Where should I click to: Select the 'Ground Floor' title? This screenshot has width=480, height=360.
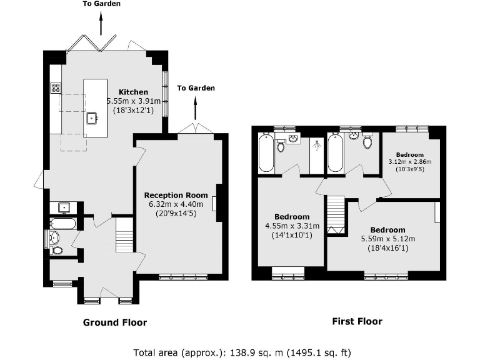[115, 322]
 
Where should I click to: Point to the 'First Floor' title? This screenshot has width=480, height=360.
[356, 321]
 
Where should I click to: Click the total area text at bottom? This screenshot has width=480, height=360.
[246, 352]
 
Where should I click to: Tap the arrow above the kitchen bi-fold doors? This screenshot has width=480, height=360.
[100, 24]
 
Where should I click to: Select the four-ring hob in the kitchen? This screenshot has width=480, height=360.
[56, 88]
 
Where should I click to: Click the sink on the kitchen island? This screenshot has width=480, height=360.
[92, 117]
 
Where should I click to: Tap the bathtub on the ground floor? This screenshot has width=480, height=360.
[62, 223]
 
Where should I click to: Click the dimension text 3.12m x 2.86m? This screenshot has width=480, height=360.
[410, 162]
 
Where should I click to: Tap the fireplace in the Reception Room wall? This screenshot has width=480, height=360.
[214, 204]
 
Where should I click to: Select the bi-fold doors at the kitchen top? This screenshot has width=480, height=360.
[92, 42]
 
